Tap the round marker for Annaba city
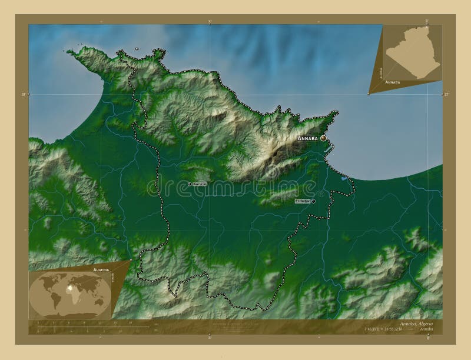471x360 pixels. click(323, 138)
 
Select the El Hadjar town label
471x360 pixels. click(302, 201)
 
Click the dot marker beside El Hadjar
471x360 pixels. click(314, 201)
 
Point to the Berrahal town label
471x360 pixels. click(199, 184)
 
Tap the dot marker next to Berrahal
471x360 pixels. click(190, 184)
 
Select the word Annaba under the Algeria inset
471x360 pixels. click(392, 83)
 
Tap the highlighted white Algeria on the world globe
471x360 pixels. click(73, 289)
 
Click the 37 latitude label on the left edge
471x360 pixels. click(24, 94)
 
